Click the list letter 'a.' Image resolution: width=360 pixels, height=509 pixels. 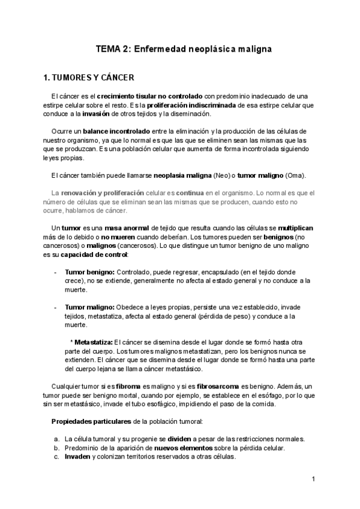click(56, 439)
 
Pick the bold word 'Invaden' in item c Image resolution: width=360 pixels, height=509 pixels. click(78, 456)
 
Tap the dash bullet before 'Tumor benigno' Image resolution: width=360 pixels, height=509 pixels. click(56, 272)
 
